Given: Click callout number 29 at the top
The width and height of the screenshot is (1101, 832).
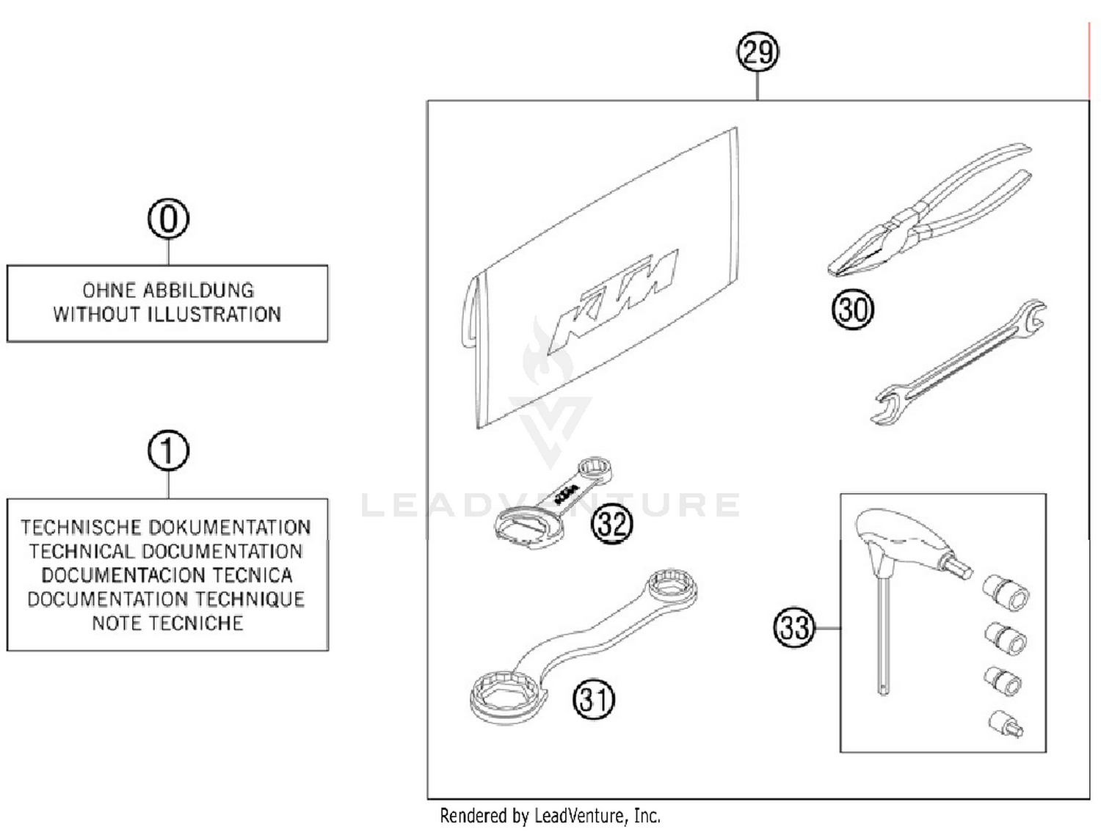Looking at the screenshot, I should pos(757,52).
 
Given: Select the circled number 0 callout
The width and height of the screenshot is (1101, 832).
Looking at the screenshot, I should pos(168,219).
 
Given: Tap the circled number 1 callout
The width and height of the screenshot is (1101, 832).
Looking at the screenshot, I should pos(168,450).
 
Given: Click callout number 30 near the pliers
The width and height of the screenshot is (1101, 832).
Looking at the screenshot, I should pos(852,309).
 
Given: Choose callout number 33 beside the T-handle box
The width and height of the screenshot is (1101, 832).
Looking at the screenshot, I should pos(794,628).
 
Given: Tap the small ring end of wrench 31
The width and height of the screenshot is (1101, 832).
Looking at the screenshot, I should pos(671,586).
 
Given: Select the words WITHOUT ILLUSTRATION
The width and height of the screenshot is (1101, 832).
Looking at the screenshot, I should pos(167,314).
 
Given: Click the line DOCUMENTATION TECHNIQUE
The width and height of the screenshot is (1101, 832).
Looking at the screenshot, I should pos(166,599).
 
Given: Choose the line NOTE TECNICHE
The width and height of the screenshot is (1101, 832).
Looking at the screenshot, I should pos(167,623).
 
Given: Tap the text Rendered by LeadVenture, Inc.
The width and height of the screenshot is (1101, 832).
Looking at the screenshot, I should pos(550,815).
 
